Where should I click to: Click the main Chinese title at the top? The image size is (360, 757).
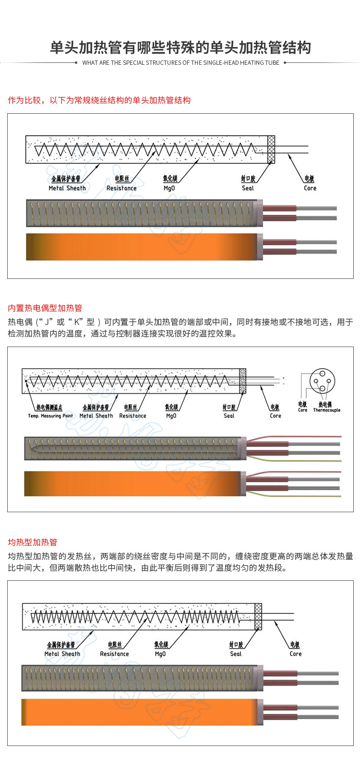point(180,48)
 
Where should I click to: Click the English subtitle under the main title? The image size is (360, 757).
point(180,63)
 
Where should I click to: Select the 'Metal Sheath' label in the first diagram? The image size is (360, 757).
point(67,188)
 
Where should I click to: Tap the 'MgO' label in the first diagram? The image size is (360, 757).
point(169,188)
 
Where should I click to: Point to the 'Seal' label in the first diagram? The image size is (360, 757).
point(248,188)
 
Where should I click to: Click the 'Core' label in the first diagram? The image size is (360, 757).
point(310,188)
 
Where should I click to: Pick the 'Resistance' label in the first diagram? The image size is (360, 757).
point(121,188)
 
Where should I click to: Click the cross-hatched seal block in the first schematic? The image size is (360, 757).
point(271,149)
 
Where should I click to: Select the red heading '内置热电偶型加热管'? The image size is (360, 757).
point(45,308)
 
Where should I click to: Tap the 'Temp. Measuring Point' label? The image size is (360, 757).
point(50,416)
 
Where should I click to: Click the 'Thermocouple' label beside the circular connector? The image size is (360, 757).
point(326,410)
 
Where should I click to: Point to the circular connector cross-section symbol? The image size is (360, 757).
point(322,381)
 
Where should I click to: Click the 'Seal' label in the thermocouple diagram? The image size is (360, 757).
point(229,416)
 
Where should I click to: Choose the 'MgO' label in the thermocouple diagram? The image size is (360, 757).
point(171,416)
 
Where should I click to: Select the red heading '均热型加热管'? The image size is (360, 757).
point(33,542)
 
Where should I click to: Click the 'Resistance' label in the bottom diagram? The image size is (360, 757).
point(114,654)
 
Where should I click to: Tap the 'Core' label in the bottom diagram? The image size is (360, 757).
point(296,654)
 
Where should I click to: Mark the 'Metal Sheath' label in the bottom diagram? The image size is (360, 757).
point(62,654)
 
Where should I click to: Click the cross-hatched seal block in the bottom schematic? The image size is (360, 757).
point(258,616)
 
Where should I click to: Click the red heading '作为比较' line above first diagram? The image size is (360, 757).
point(99,100)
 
